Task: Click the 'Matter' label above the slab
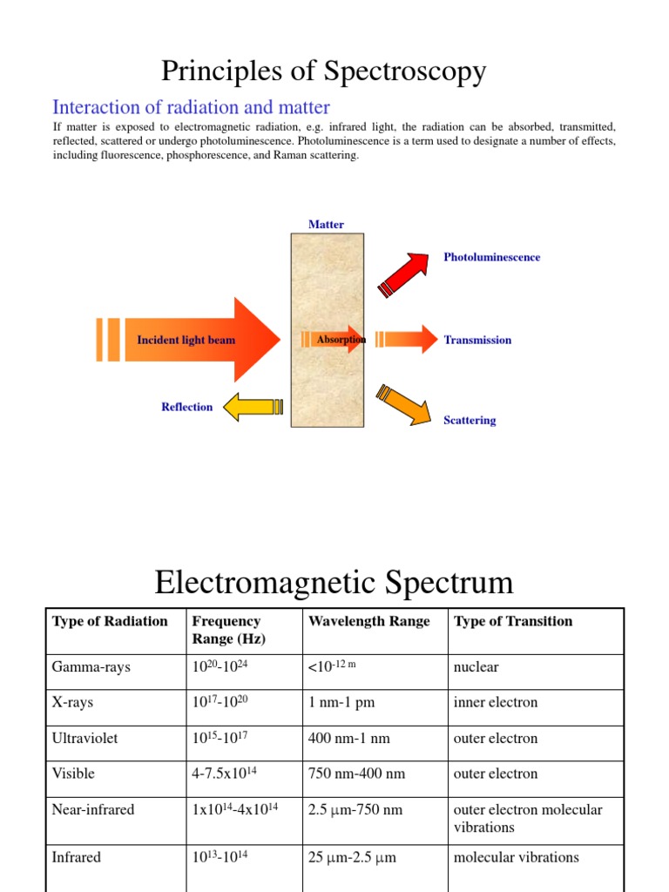pos(326,225)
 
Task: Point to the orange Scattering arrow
pos(405,402)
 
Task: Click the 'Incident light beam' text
pos(186,340)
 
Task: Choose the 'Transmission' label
pos(477,340)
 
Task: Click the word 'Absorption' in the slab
pos(341,339)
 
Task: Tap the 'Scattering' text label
pos(470,420)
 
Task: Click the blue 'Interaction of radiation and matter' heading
pos(191,107)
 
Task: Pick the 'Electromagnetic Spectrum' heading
pos(334,582)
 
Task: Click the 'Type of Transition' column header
pos(513,621)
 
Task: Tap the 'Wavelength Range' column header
pos(368,621)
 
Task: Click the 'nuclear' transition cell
pos(476,667)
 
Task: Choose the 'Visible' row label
pos(74,774)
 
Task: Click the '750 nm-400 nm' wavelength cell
pos(356,774)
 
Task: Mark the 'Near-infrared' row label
pos(93,809)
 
